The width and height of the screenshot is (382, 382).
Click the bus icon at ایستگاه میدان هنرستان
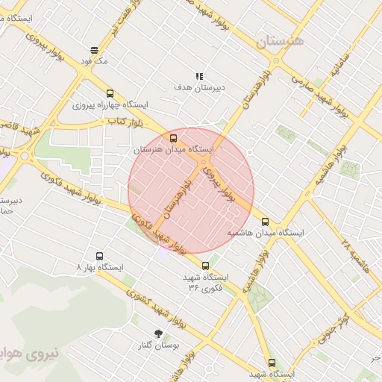click(174, 138)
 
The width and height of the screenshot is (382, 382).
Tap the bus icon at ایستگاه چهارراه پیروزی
click(110, 94)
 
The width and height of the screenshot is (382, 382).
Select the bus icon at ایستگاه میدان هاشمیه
click(265, 222)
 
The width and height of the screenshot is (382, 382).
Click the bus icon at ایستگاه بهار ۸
click(100, 256)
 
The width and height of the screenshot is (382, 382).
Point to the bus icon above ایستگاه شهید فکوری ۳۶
click(206, 265)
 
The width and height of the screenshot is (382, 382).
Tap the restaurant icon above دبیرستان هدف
click(199, 76)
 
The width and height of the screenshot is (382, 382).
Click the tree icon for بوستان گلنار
click(157, 334)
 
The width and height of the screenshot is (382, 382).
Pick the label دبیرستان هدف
click(200, 87)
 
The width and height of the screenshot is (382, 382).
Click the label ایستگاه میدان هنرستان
click(173, 150)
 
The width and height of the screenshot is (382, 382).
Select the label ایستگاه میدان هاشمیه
click(266, 233)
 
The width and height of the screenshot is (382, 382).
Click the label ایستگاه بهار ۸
click(101, 266)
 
